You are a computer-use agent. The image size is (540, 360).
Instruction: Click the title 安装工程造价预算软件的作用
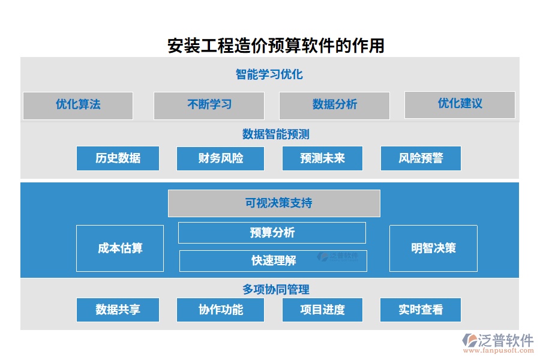pyautogui.click(x=276, y=46)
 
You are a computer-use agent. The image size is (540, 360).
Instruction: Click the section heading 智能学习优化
pyautogui.click(x=269, y=74)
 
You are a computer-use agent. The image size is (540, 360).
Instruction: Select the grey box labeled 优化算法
pyautogui.click(x=78, y=105)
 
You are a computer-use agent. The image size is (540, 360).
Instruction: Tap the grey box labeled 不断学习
pyautogui.click(x=209, y=105)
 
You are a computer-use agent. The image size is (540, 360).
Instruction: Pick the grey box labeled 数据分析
pyautogui.click(x=334, y=105)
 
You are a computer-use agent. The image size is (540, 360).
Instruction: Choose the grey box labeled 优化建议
pyautogui.click(x=460, y=104)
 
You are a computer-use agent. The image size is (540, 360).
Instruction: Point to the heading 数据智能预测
pyautogui.click(x=275, y=134)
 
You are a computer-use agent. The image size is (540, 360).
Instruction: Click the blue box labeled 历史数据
pyautogui.click(x=118, y=158)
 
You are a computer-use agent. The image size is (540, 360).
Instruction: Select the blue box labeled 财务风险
pyautogui.click(x=220, y=158)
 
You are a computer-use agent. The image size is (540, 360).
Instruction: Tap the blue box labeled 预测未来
pyautogui.click(x=322, y=158)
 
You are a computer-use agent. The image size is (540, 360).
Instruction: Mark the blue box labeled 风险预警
pyautogui.click(x=421, y=158)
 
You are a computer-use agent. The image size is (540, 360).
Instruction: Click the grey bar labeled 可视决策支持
pyautogui.click(x=274, y=203)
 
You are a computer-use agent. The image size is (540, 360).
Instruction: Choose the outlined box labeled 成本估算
pyautogui.click(x=120, y=248)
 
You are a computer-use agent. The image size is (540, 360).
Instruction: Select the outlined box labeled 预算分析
pyautogui.click(x=272, y=233)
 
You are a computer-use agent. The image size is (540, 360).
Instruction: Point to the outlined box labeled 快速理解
pyautogui.click(x=273, y=261)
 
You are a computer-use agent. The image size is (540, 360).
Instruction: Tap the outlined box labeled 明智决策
pyautogui.click(x=433, y=248)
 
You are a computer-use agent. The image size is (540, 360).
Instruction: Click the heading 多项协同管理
pyautogui.click(x=275, y=289)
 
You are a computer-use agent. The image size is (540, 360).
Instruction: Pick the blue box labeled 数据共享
pyautogui.click(x=118, y=310)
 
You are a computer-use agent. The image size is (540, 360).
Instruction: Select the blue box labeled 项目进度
pyautogui.click(x=322, y=310)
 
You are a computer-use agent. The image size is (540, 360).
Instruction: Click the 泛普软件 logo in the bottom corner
pyautogui.click(x=498, y=342)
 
